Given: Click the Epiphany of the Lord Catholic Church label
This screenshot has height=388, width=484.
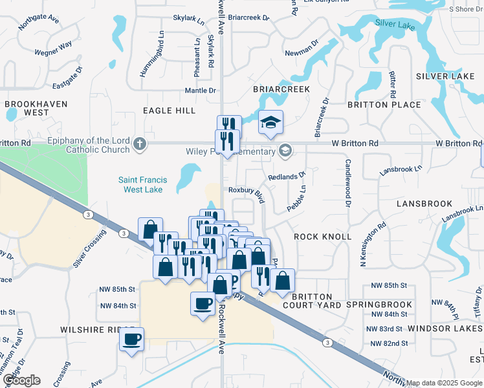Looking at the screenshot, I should pyautogui.click(x=89, y=145).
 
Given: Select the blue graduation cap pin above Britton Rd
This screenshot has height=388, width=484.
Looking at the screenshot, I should pyautogui.click(x=270, y=122).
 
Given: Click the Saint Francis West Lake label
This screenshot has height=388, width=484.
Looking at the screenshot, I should pyautogui.click(x=142, y=185).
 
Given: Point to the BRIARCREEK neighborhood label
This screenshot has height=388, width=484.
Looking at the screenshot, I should pyautogui.click(x=281, y=89).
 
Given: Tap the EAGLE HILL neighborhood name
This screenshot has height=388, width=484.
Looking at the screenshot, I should pyautogui.click(x=169, y=111).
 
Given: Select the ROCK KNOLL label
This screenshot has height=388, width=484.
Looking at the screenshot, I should pyautogui.click(x=323, y=237).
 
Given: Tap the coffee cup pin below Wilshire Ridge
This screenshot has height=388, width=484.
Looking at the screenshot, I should pyautogui.click(x=131, y=339).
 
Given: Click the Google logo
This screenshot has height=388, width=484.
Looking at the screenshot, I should pyautogui.click(x=21, y=380).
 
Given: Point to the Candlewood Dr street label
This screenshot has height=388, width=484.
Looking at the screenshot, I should pyautogui.click(x=347, y=183).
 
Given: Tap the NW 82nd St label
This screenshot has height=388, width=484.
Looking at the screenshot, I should pyautogui.click(x=387, y=343).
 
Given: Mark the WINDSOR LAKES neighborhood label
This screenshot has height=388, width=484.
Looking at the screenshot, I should pyautogui.click(x=445, y=329).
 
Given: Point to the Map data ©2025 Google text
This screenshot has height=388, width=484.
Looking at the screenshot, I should pyautogui.click(x=444, y=383).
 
